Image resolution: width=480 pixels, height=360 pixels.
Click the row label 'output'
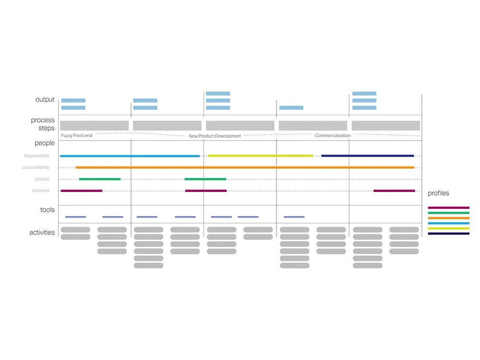pos(45,100)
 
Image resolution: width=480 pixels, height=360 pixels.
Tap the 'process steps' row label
pos(43,124)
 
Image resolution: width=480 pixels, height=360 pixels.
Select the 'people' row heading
pos(45,143)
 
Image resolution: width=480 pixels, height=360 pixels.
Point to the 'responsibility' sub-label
pos(36,156)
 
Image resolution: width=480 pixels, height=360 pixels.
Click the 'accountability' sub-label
pos(36,168)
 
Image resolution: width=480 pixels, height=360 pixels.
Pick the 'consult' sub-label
pos(42,180)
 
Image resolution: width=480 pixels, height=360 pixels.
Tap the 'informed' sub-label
pos(40,191)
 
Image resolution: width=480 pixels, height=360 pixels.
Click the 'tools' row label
pos(48,210)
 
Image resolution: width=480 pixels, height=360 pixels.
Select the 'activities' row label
pos(42,233)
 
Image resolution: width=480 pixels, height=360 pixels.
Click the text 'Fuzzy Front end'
pos(77,136)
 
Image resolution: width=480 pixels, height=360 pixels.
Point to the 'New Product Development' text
pos(215,136)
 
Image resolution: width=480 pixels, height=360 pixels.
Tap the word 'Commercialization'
pos(333,136)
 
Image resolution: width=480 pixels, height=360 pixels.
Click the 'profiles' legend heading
pos(439,193)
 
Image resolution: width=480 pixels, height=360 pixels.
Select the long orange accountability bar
pos(245,168)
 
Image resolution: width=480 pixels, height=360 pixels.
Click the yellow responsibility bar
pos(261,156)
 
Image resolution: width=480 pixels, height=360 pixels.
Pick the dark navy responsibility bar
pos(367,156)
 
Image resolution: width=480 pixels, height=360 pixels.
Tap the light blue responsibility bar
pos(130,156)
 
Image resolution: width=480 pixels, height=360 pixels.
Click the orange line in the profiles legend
pos(449,218)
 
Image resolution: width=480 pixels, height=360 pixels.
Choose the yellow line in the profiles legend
pos(449,228)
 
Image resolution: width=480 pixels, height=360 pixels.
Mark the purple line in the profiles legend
pos(449,208)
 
